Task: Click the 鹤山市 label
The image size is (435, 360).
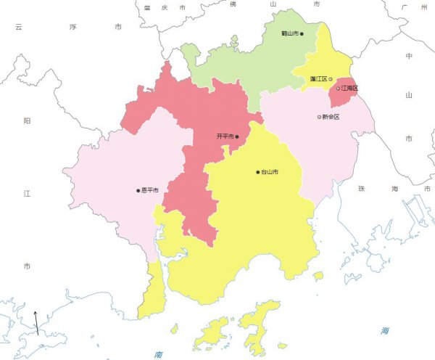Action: [x=289, y=33]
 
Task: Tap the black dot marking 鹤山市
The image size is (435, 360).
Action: [x=302, y=33]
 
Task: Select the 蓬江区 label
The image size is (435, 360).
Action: [x=318, y=78]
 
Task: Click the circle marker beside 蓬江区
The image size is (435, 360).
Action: [x=331, y=78]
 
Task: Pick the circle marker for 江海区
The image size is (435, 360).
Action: [x=339, y=89]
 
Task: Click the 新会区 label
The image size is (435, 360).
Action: [x=331, y=117]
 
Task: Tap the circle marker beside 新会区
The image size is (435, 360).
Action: [x=319, y=117]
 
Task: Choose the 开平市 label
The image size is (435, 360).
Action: [x=225, y=136]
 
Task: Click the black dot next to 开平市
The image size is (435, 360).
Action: [x=237, y=136]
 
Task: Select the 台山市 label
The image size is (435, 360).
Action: [x=270, y=172]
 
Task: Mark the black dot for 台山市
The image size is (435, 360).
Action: [x=257, y=172]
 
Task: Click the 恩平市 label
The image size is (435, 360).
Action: [x=150, y=191]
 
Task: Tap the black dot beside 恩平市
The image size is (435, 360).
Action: [x=138, y=191]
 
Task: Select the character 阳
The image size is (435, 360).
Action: [x=27, y=121]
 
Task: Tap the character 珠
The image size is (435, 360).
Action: [x=361, y=188]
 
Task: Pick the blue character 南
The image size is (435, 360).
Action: [x=158, y=354]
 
